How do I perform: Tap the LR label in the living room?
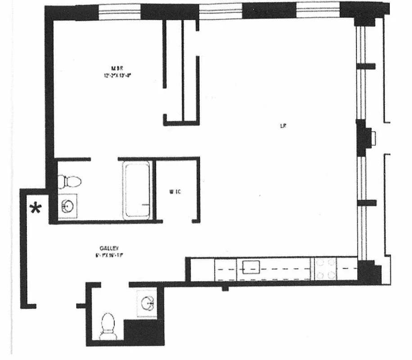click(x=283, y=126)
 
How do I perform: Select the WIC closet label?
click(x=175, y=192)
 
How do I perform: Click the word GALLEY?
click(x=109, y=248)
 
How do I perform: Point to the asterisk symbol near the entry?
click(x=35, y=208)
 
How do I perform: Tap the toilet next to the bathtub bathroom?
click(x=70, y=181)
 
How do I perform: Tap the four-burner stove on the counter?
click(x=325, y=268)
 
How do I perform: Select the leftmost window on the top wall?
click(x=120, y=12)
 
